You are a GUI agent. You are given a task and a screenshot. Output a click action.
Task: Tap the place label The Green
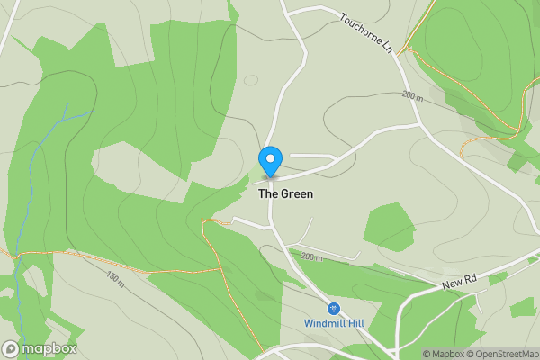(x=285, y=193)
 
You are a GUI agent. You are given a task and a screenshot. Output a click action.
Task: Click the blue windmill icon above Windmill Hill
(x=333, y=308)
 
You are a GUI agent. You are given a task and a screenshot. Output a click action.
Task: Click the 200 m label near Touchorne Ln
(x=412, y=95)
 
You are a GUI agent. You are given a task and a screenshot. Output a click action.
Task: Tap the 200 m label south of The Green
(x=311, y=257)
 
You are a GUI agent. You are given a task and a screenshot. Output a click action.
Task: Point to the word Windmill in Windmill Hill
(x=325, y=323)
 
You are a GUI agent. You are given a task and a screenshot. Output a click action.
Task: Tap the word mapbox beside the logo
(x=49, y=349)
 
